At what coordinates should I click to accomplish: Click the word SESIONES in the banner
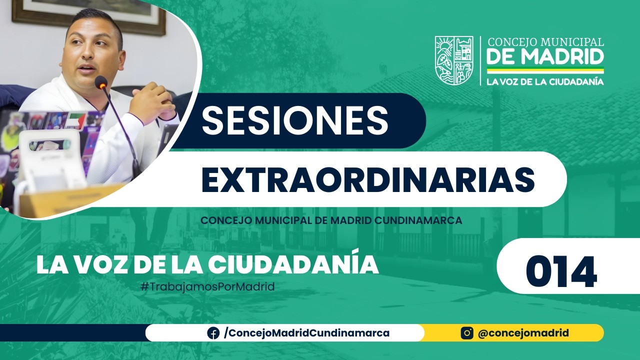(295, 120)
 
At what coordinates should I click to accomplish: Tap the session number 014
(561, 272)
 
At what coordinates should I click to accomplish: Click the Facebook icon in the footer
(213, 333)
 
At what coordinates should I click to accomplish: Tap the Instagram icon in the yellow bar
(467, 333)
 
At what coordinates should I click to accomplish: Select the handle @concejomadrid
(523, 333)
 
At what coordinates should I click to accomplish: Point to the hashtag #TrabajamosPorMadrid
(208, 287)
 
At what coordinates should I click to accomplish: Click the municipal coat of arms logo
(453, 60)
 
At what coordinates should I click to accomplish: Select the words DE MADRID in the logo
(545, 56)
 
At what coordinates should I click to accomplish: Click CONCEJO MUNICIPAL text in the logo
(545, 42)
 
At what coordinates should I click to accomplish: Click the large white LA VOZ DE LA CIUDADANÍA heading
(207, 265)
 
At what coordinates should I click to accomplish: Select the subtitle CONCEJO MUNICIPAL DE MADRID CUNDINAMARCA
(331, 220)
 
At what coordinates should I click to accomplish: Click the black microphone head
(101, 82)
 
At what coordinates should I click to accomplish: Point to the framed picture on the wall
(90, 15)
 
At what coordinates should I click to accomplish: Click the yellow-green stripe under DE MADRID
(545, 70)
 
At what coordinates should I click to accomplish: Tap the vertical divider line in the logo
(480, 60)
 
